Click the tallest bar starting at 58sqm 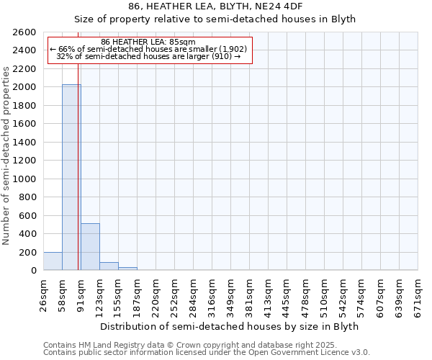pyautogui.click(x=71, y=177)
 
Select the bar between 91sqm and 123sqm pyautogui.click(x=90, y=247)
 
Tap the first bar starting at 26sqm pyautogui.click(x=53, y=261)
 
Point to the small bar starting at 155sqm pyautogui.click(x=127, y=269)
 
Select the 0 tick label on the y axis pyautogui.click(x=33, y=271)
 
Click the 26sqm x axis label pyautogui.click(x=43, y=292)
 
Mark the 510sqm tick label pyautogui.click(x=324, y=294)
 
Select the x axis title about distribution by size pyautogui.click(x=229, y=326)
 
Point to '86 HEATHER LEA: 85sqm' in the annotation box pyautogui.click(x=148, y=42)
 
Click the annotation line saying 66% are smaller pyautogui.click(x=148, y=49)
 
